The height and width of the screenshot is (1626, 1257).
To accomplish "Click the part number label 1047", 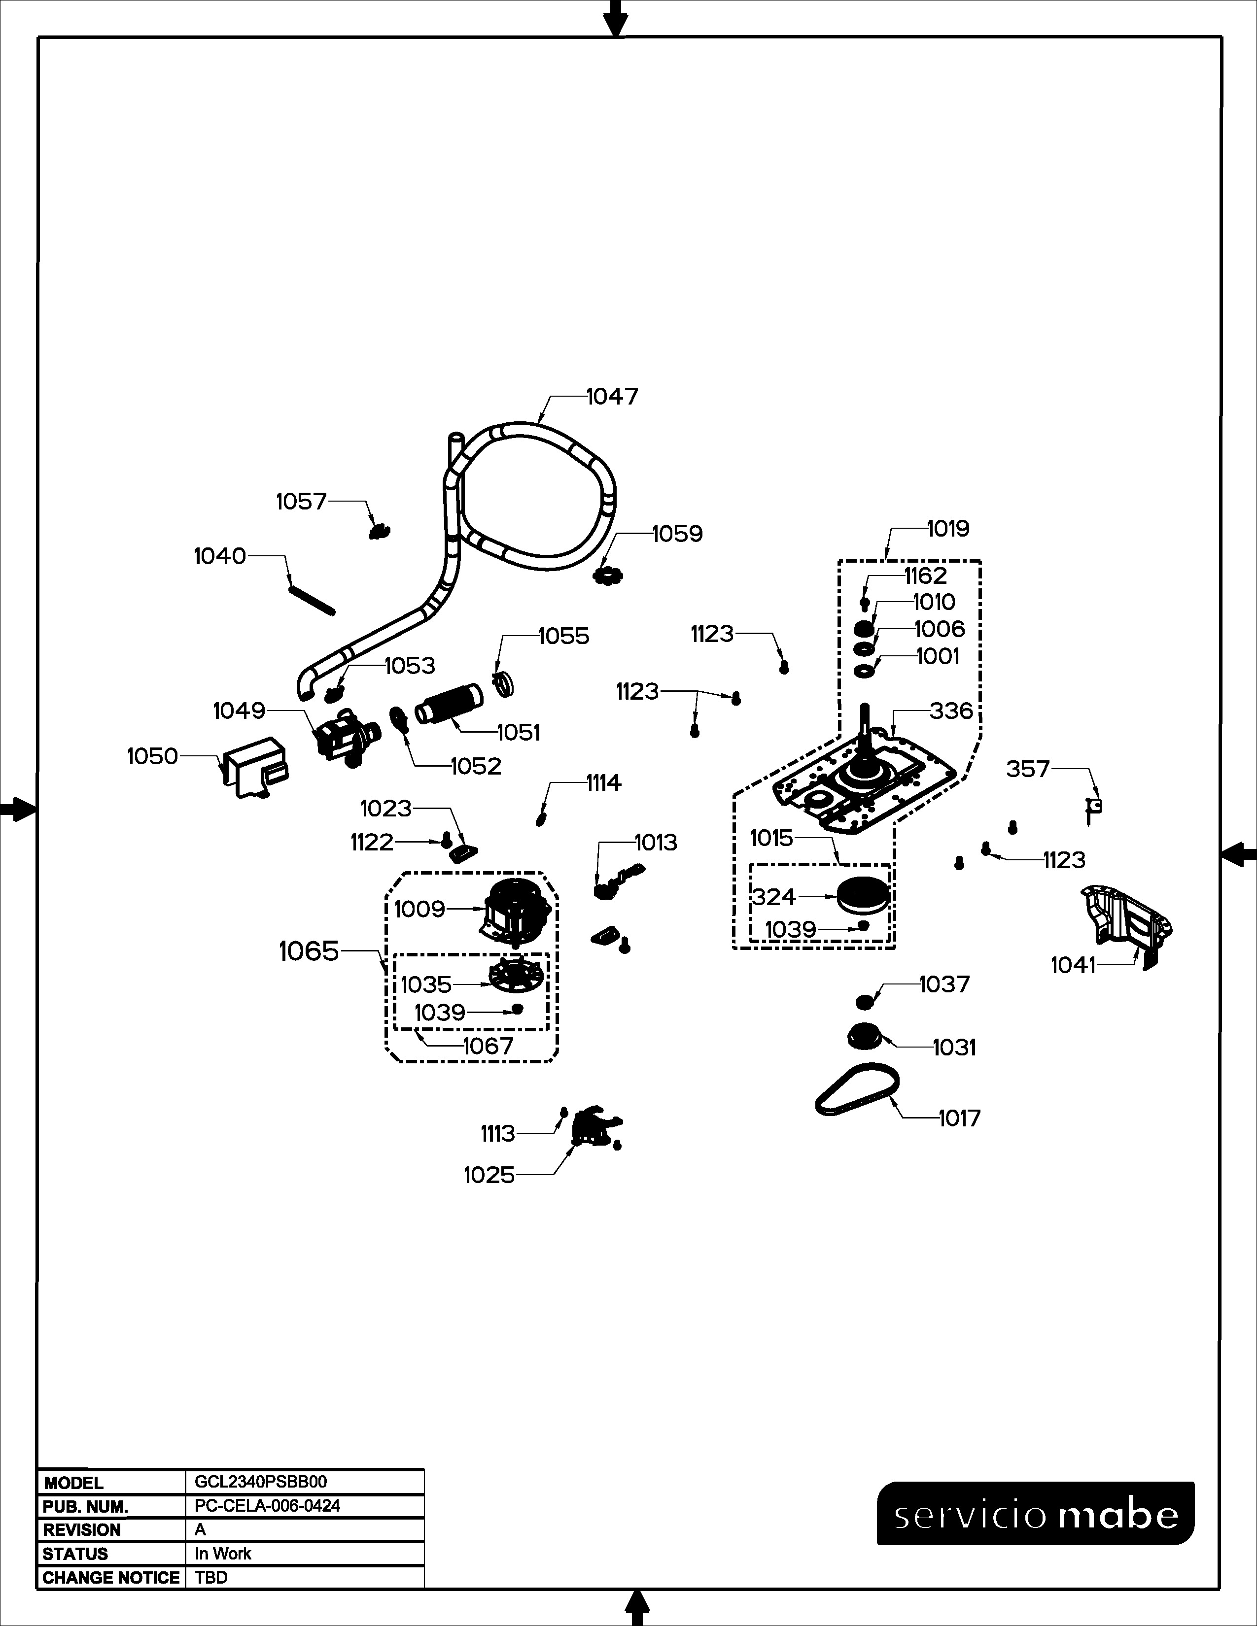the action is click(612, 397).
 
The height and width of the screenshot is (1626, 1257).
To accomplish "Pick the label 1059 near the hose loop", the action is click(678, 534).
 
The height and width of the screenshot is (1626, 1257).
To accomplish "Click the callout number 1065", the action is click(309, 951).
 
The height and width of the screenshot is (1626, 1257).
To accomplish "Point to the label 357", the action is click(1028, 768).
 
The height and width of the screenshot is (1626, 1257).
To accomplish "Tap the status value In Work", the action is click(223, 1554).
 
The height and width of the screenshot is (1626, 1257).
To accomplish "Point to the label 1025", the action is click(489, 1175).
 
